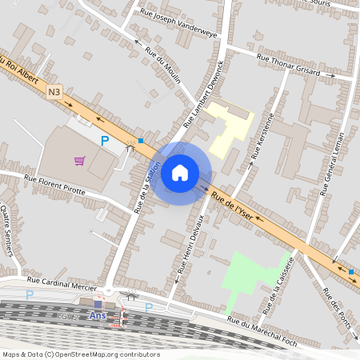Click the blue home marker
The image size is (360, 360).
(x=180, y=172)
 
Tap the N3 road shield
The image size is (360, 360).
(x=54, y=92)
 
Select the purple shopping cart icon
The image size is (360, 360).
(x=80, y=160)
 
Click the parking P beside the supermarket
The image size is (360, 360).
(x=105, y=141)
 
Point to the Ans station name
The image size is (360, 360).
(x=98, y=315)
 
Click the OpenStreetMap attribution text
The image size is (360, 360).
(x=80, y=354)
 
